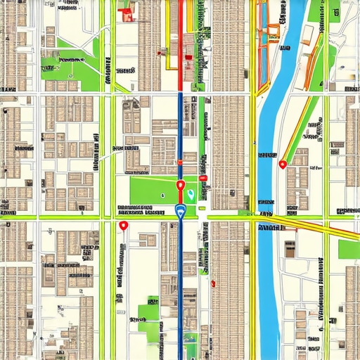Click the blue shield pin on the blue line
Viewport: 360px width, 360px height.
179,210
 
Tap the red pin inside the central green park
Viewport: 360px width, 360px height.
180,186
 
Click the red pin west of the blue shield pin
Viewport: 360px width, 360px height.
124,225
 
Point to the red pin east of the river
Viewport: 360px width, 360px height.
283,164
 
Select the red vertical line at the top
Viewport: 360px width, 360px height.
181,28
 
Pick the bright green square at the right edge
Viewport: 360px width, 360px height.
349,249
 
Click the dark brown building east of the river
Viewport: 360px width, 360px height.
290,247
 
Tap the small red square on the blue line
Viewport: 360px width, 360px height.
180,162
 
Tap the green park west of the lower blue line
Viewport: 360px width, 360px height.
149,313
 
